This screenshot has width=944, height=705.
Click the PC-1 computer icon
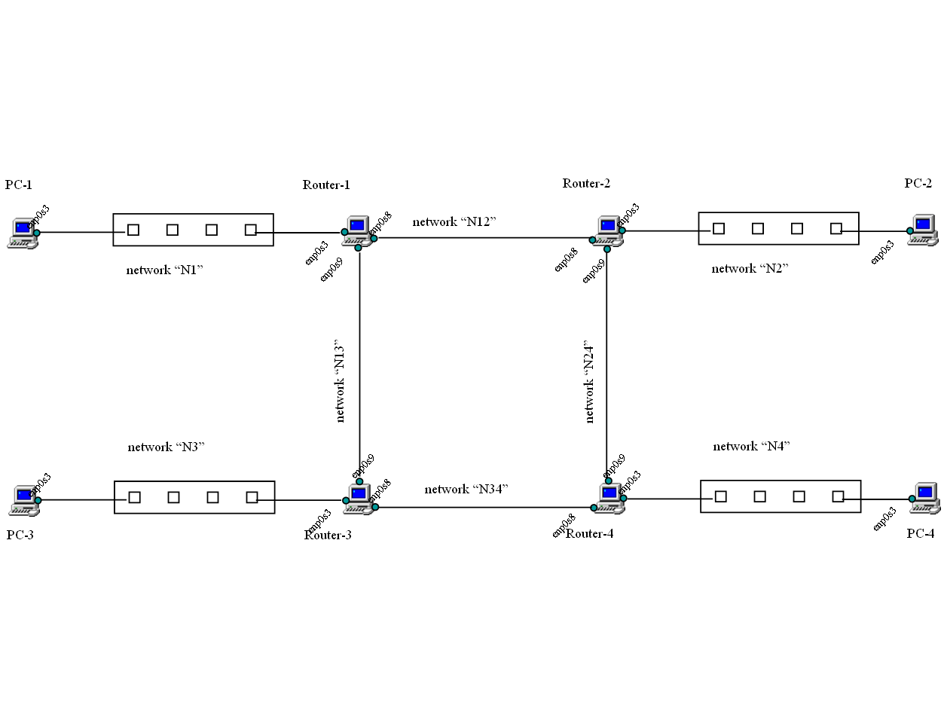pos(21,233)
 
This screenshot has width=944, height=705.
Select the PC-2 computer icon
pos(923,230)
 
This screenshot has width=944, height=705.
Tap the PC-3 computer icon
pos(25,500)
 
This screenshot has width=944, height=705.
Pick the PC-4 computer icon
pos(925,498)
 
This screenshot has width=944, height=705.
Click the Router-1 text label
pos(326,185)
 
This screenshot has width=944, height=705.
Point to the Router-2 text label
pos(586,184)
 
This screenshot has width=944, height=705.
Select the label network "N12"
pos(454,222)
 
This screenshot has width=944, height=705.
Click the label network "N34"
pos(466,490)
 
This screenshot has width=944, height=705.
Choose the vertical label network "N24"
pos(590,383)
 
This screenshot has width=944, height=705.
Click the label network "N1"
pos(165,270)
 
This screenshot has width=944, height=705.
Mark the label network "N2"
pos(750,269)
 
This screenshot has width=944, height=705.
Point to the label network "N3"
pos(166,447)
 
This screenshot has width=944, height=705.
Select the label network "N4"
pos(751,447)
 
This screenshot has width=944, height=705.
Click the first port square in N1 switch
pos(133,230)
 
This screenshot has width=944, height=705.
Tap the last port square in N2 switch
pos(836,228)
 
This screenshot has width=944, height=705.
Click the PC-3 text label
pos(20,536)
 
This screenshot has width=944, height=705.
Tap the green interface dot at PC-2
pos(910,230)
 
